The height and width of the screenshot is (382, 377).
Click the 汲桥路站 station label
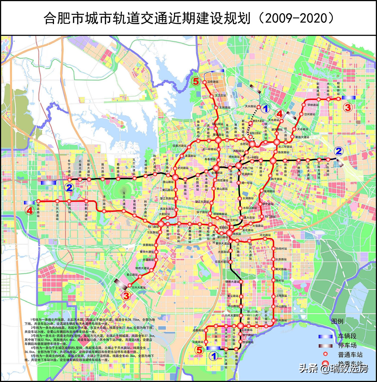click(x=213, y=82)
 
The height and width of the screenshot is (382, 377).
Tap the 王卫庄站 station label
click(x=220, y=96)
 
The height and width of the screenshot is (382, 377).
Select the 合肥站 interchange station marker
click(x=252, y=144)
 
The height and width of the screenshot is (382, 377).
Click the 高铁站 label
click(x=237, y=234)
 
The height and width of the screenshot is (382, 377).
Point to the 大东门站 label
click(x=248, y=168)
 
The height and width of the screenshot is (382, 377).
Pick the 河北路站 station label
click(x=265, y=235)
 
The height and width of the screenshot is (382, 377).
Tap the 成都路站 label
click(x=198, y=331)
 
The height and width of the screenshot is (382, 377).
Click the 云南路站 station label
click(x=198, y=342)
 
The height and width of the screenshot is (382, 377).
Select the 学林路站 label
click(x=313, y=105)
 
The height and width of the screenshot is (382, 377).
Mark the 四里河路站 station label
click(x=179, y=146)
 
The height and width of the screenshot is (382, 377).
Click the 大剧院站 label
click(x=164, y=214)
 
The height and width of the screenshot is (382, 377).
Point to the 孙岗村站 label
click(x=281, y=249)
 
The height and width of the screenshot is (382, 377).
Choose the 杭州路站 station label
click(x=281, y=320)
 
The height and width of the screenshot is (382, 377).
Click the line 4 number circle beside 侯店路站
click(x=30, y=210)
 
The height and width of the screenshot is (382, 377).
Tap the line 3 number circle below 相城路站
click(x=348, y=107)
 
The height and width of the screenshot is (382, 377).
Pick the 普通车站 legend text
click(x=350, y=355)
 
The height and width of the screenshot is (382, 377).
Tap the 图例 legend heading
click(x=337, y=321)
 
